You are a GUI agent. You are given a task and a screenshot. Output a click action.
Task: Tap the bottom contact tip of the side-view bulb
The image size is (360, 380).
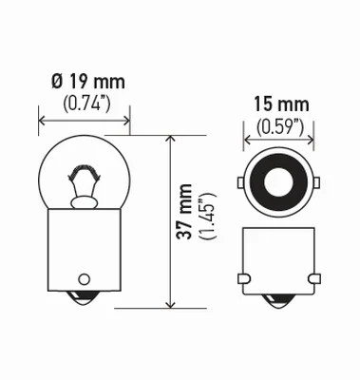coord(85,305)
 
